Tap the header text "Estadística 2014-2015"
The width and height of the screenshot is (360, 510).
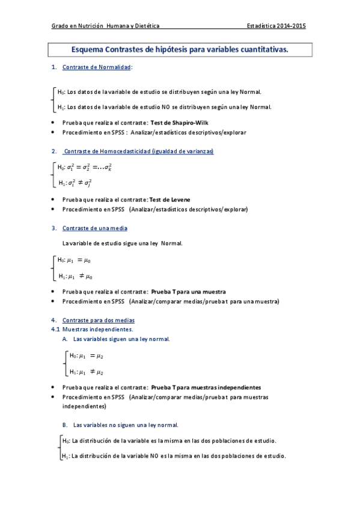[276, 26]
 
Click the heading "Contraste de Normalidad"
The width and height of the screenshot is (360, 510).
[96, 67]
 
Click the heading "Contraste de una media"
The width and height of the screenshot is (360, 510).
[94, 228]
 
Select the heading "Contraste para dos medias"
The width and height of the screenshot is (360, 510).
[99, 320]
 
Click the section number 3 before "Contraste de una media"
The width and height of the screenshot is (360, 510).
[54, 228]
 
